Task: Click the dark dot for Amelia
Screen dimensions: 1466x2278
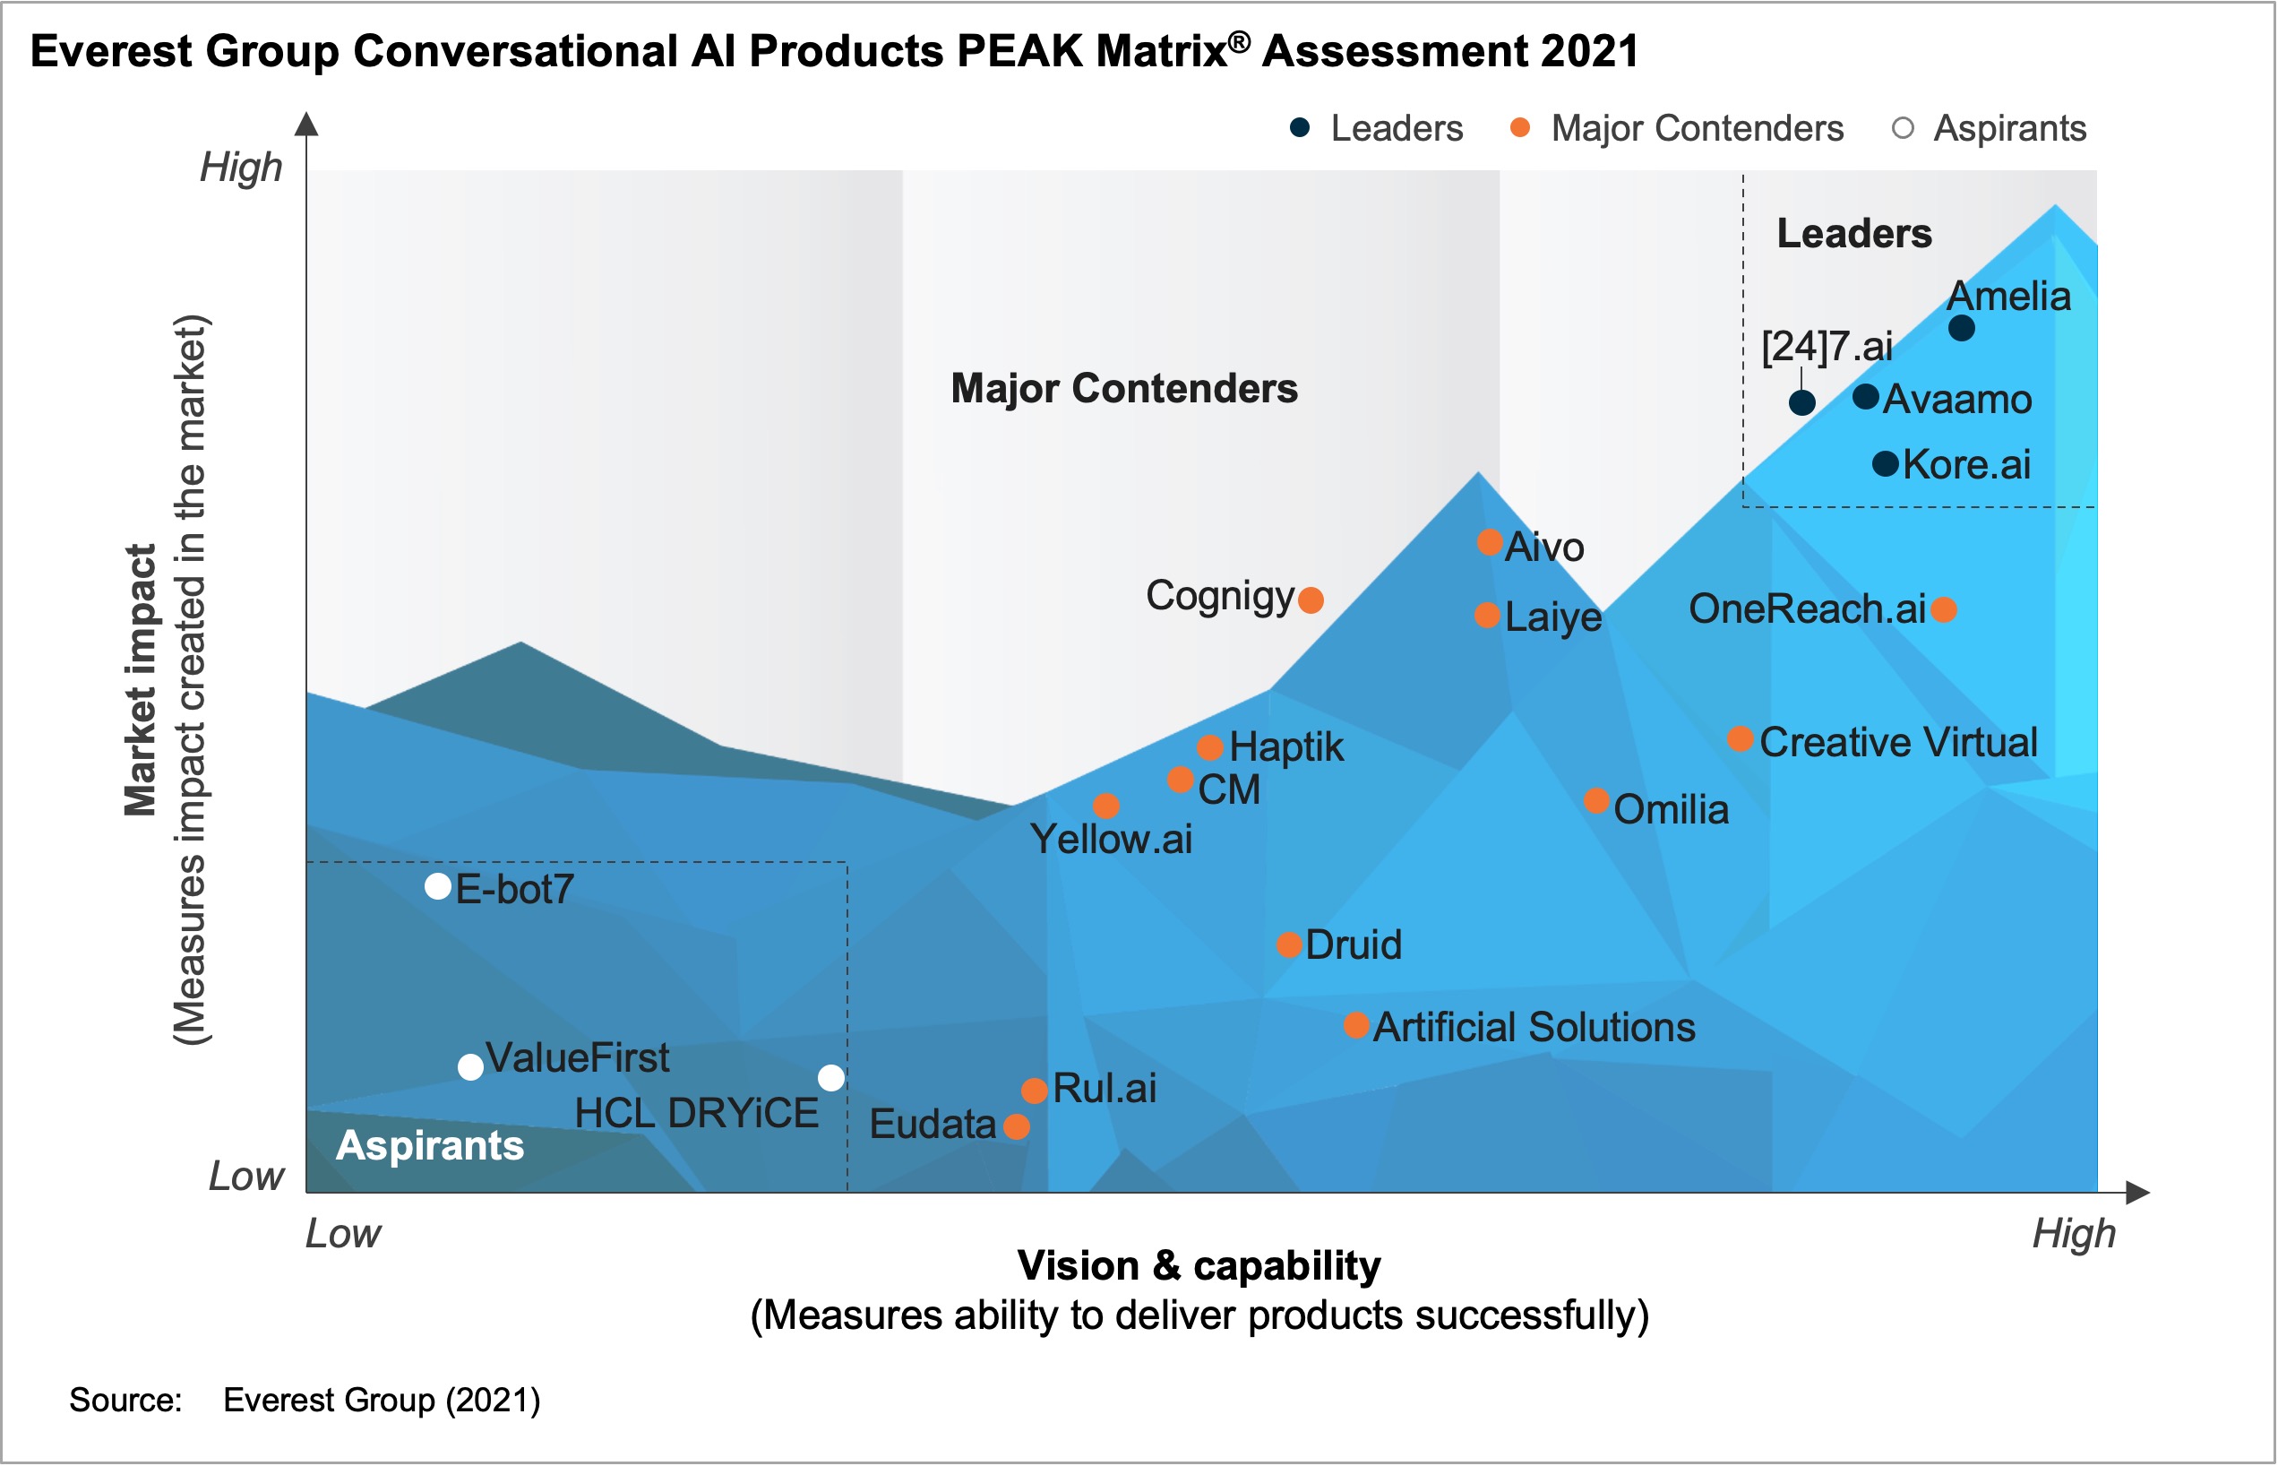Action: point(1961,329)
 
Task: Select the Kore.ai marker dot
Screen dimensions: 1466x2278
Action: point(1885,464)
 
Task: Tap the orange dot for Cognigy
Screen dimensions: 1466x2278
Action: point(1311,599)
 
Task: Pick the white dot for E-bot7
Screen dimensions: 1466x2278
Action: point(438,886)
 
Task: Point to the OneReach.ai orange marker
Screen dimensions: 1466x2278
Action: point(1943,609)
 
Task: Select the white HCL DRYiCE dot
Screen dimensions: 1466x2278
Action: point(830,1078)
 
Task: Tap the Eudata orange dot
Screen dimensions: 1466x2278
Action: point(1016,1126)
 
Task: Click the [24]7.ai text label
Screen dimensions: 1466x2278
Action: point(1826,346)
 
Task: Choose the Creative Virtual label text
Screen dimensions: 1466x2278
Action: point(1897,743)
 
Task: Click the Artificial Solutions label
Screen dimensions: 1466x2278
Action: point(1533,1027)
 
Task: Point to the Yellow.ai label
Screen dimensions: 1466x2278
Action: point(1111,840)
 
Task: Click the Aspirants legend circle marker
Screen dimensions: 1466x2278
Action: point(1902,128)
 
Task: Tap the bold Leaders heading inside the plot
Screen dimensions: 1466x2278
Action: point(1853,233)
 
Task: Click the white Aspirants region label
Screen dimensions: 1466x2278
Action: point(429,1145)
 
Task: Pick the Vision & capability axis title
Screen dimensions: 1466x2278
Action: point(1198,1266)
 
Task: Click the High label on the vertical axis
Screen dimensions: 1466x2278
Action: point(241,168)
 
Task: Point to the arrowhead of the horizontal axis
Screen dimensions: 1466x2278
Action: point(2137,1192)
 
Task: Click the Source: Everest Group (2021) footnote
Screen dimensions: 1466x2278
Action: point(305,1401)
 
